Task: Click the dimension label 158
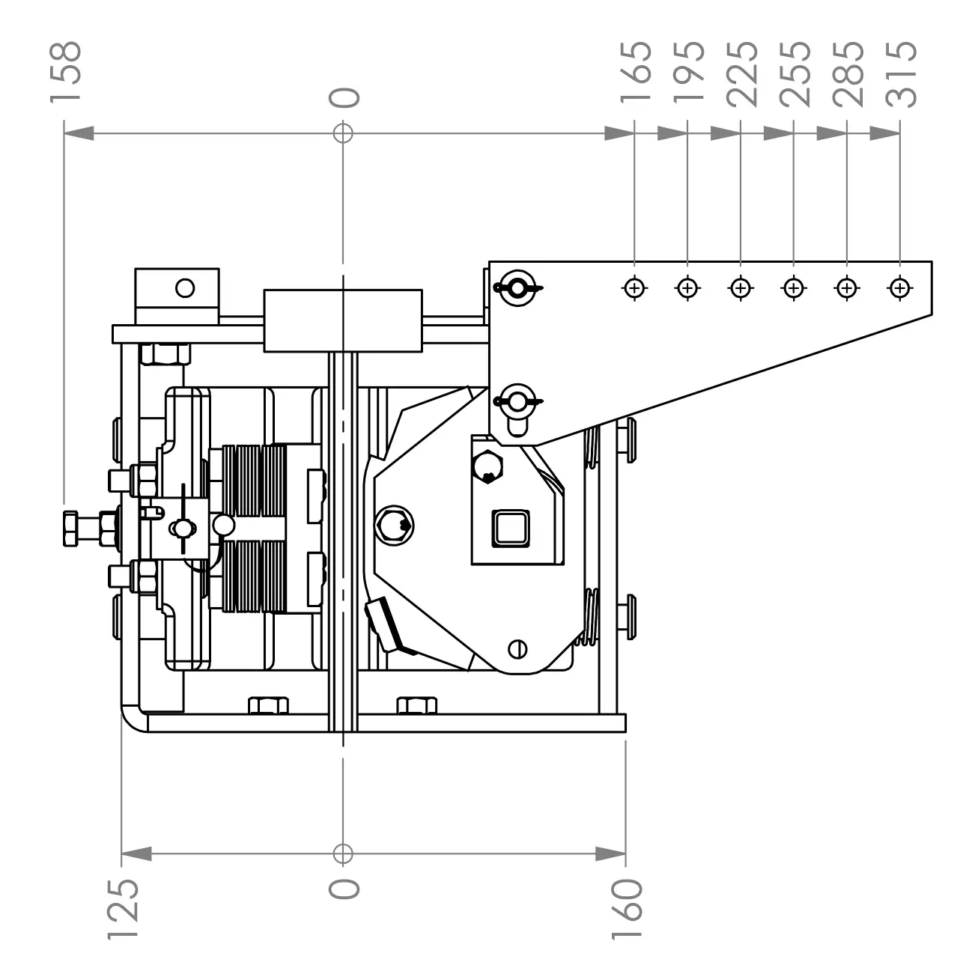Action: tap(66, 72)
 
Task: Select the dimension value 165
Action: tap(636, 72)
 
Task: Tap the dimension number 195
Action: tap(689, 72)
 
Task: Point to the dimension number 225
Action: tap(742, 74)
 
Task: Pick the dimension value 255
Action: tap(795, 74)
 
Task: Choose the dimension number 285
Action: tap(848, 74)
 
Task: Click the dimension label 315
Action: tap(902, 74)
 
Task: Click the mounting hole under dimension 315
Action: tap(900, 288)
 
